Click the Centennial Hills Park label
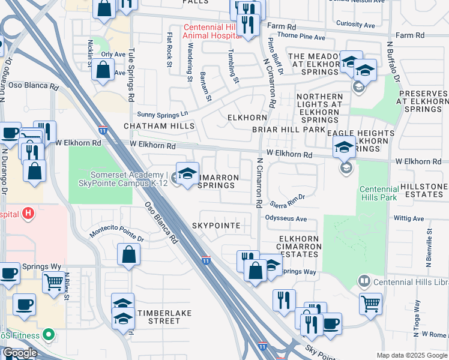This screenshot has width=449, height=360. coord(379,193)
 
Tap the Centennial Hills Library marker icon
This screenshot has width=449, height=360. coord(363,281)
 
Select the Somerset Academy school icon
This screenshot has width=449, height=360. coord(187,173)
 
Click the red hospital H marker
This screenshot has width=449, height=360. coord(27,213)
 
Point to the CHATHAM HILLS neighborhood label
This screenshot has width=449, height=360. coord(159,126)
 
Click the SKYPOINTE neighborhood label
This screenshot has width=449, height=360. coord(216,226)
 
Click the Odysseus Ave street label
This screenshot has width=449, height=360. coord(286,219)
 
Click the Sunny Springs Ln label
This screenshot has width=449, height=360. coord(163,113)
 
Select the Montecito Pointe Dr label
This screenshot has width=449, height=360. coord(117,234)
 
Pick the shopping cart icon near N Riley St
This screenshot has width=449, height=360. coord(54,280)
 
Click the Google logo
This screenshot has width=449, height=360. coord(20,353)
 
